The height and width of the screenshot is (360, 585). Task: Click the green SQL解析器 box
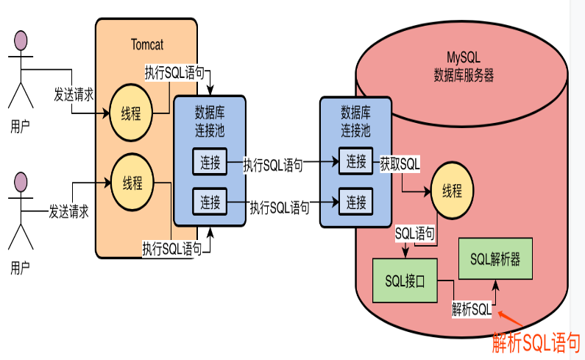492,258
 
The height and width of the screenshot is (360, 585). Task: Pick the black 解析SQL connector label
471,309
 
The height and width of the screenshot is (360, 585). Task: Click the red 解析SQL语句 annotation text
536,342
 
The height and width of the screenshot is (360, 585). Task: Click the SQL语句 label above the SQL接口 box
414,233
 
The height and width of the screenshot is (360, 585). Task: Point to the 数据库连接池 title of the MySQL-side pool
356,121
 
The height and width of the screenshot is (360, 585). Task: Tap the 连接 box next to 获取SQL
356,162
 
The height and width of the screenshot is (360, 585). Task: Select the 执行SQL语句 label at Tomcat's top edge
175,74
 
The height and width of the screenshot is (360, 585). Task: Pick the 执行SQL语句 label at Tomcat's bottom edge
171,249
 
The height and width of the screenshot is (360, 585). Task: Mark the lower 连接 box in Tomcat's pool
210,200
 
